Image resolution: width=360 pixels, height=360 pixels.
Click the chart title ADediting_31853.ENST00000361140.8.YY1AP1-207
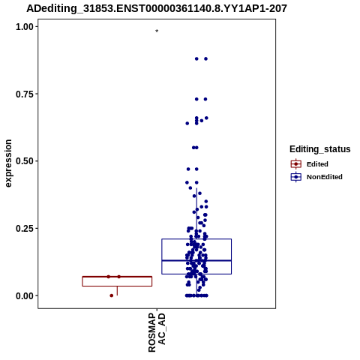tap(157, 9)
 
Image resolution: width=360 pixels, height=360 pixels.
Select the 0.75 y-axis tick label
tap(25, 94)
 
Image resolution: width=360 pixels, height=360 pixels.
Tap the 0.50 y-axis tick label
tap(25, 161)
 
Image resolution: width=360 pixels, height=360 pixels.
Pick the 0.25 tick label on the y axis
tap(25, 229)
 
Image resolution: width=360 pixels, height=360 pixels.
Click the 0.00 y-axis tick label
tap(25, 295)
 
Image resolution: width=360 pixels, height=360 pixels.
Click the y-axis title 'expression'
tap(8, 163)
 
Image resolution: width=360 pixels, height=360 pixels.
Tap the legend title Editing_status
tap(320, 149)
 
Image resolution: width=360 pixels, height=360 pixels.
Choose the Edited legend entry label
tap(317, 164)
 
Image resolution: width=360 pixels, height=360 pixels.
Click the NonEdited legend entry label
tap(325, 177)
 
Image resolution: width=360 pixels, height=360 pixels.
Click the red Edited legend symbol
tap(296, 164)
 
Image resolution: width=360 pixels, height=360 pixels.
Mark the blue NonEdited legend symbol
tap(296, 177)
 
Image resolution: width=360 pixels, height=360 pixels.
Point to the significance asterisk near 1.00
tap(157, 31)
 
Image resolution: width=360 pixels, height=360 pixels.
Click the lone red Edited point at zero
tap(112, 295)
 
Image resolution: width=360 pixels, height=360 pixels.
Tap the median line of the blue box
tap(196, 260)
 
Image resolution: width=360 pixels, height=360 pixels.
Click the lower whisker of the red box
tap(117, 291)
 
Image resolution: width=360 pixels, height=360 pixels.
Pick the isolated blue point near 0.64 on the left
tap(187, 123)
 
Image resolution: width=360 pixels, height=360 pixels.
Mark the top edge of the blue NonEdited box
tap(196, 239)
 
